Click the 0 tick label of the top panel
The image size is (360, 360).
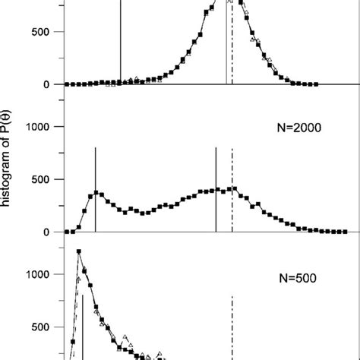point(47,84)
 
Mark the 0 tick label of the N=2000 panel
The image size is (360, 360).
point(47,232)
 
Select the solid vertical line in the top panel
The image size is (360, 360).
point(120,46)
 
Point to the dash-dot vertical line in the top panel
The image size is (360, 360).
point(232,46)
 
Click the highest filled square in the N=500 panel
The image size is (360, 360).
point(78,251)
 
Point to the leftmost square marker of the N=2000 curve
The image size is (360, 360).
point(66,231)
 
